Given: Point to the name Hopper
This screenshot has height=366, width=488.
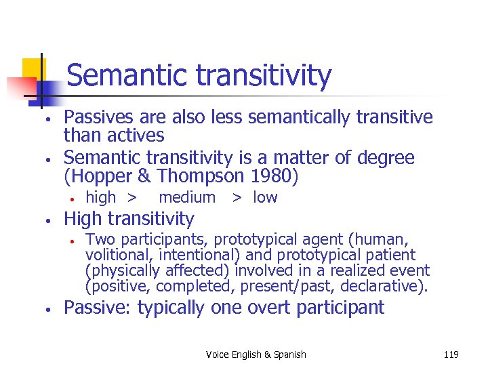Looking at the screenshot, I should [x=93, y=176].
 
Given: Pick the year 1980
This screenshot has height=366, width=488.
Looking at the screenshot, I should [x=275, y=176].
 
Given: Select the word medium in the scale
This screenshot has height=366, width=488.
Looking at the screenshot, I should [x=187, y=198].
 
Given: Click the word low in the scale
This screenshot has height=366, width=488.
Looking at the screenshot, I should [x=265, y=198].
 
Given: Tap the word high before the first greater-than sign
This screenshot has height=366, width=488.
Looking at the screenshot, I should [x=101, y=198].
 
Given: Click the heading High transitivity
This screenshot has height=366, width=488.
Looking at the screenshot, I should [x=129, y=219].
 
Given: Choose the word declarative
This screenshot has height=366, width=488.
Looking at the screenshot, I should [x=386, y=286].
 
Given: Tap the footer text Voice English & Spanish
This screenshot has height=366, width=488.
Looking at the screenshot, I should [x=256, y=354].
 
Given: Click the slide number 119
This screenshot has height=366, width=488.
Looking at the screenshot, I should [x=451, y=354].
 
